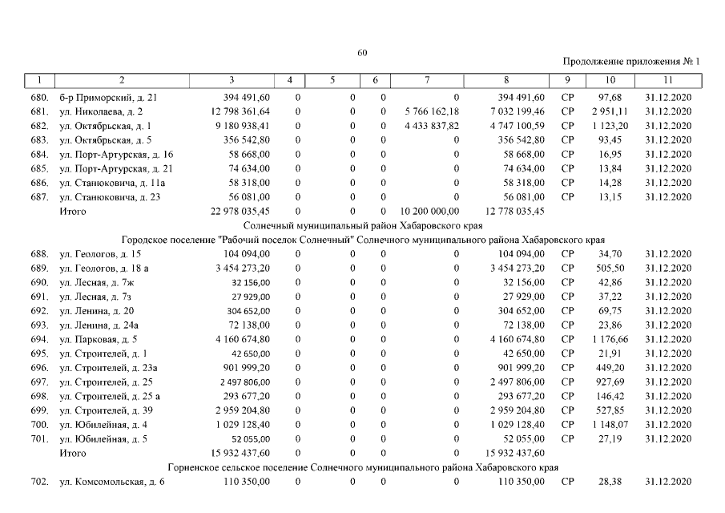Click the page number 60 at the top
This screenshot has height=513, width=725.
point(362,53)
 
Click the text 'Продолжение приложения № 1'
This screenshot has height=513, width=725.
point(631,62)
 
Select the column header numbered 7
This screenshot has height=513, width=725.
point(428,80)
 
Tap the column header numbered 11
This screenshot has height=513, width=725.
point(668,80)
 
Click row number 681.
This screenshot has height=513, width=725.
point(40,111)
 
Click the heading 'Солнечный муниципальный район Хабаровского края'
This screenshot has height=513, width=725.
point(361,226)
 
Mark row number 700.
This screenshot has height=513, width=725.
point(40,425)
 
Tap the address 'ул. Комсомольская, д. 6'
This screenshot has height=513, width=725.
point(112,482)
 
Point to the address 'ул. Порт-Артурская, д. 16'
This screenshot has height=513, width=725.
point(116,154)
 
